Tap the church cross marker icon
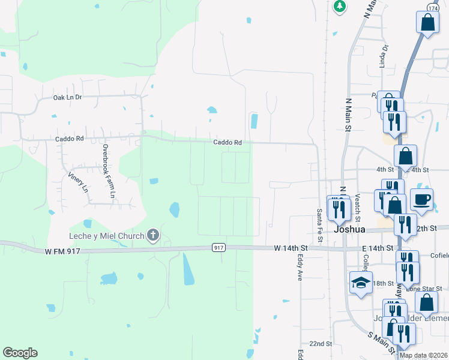pyautogui.click(x=153, y=235)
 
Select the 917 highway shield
pyautogui.click(x=218, y=247)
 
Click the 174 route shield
pyautogui.click(x=433, y=6)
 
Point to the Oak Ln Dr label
pyautogui.click(x=67, y=97)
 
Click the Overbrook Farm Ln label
pyautogui.click(x=108, y=172)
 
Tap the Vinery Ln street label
pyautogui.click(x=79, y=181)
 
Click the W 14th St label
pyautogui.click(x=291, y=248)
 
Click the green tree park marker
pyautogui.click(x=340, y=6)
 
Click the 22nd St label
pyautogui.click(x=321, y=343)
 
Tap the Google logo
pyautogui.click(x=20, y=353)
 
